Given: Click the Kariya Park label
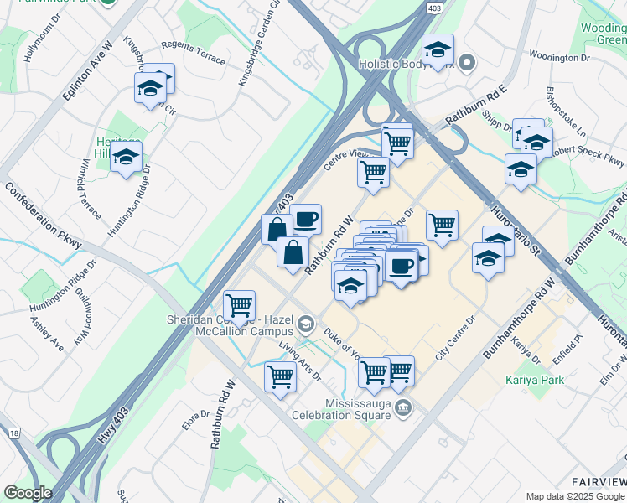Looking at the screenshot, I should [x=535, y=380].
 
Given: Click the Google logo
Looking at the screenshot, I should [x=28, y=493].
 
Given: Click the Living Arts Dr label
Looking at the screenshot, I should [x=300, y=360].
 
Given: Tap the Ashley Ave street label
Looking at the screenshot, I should [x=47, y=333].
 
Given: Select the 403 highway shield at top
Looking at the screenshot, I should [x=433, y=8].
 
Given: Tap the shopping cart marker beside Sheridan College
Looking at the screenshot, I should [x=240, y=305].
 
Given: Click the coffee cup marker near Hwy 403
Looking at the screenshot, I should [x=305, y=219].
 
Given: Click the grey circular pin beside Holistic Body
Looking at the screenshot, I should [x=468, y=63].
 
